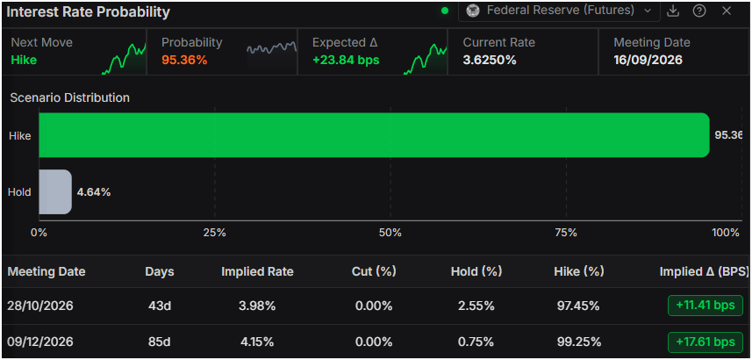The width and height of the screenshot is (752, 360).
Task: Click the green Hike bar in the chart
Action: (374, 135)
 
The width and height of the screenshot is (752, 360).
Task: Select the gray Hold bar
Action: (55, 192)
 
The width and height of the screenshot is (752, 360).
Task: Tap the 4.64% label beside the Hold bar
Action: (94, 192)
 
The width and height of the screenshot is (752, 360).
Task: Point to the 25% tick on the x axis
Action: (214, 233)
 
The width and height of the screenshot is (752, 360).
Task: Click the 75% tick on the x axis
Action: (566, 233)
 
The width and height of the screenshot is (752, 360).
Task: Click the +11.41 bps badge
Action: (705, 306)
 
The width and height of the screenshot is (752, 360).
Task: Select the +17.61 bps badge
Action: (705, 342)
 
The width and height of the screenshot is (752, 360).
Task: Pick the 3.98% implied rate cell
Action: (257, 306)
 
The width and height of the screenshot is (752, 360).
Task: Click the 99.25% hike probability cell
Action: (579, 342)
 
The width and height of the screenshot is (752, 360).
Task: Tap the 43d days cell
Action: (159, 306)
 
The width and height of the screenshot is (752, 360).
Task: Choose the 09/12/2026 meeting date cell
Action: (40, 342)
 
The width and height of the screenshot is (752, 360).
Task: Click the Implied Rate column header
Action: (257, 271)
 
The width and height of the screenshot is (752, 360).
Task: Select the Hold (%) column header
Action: (476, 271)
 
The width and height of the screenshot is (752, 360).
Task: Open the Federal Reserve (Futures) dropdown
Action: (559, 11)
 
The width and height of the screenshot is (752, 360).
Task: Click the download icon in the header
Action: (673, 11)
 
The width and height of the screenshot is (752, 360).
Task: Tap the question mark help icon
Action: (699, 11)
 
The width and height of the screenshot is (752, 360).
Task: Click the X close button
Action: (727, 11)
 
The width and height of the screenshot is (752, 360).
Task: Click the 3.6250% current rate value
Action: (490, 60)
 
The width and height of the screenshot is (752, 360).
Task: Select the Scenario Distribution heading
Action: (70, 98)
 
